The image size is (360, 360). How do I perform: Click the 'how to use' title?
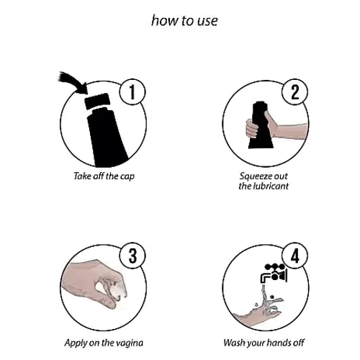tap(184, 20)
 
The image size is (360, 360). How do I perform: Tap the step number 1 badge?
tap(132, 91)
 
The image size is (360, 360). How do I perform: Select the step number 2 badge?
tap(294, 91)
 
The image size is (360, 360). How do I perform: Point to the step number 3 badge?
tap(132, 256)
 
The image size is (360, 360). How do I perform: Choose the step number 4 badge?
tap(294, 256)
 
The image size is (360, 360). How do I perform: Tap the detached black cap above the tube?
tap(97, 102)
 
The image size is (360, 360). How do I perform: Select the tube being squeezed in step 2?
tap(261, 125)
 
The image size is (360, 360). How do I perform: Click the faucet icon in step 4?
tap(274, 273)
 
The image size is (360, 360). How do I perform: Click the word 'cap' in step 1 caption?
tap(127, 176)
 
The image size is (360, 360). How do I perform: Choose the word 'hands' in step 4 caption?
tap(278, 343)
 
